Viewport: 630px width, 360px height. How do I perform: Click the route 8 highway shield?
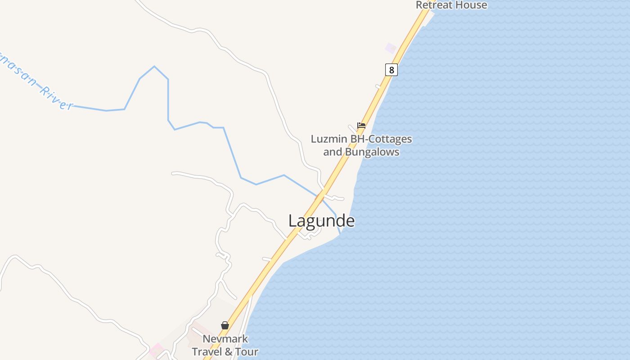tap(391, 70)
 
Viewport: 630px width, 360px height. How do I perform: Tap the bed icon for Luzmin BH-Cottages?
tap(361, 126)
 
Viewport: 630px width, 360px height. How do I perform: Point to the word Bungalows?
tap(372, 152)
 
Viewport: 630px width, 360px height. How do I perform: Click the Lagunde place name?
tap(321, 221)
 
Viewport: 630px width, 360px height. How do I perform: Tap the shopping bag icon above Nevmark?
tap(225, 325)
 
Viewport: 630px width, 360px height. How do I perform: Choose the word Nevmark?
tap(225, 339)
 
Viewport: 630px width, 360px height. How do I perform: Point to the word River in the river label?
tap(56, 98)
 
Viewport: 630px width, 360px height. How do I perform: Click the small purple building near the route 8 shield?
tap(390, 48)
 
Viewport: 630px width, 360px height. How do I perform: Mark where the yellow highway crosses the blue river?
tap(320, 197)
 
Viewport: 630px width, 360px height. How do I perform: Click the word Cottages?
tap(389, 139)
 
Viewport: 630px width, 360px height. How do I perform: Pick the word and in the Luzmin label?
tap(333, 152)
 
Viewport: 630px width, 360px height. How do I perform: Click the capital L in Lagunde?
tap(292, 221)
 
